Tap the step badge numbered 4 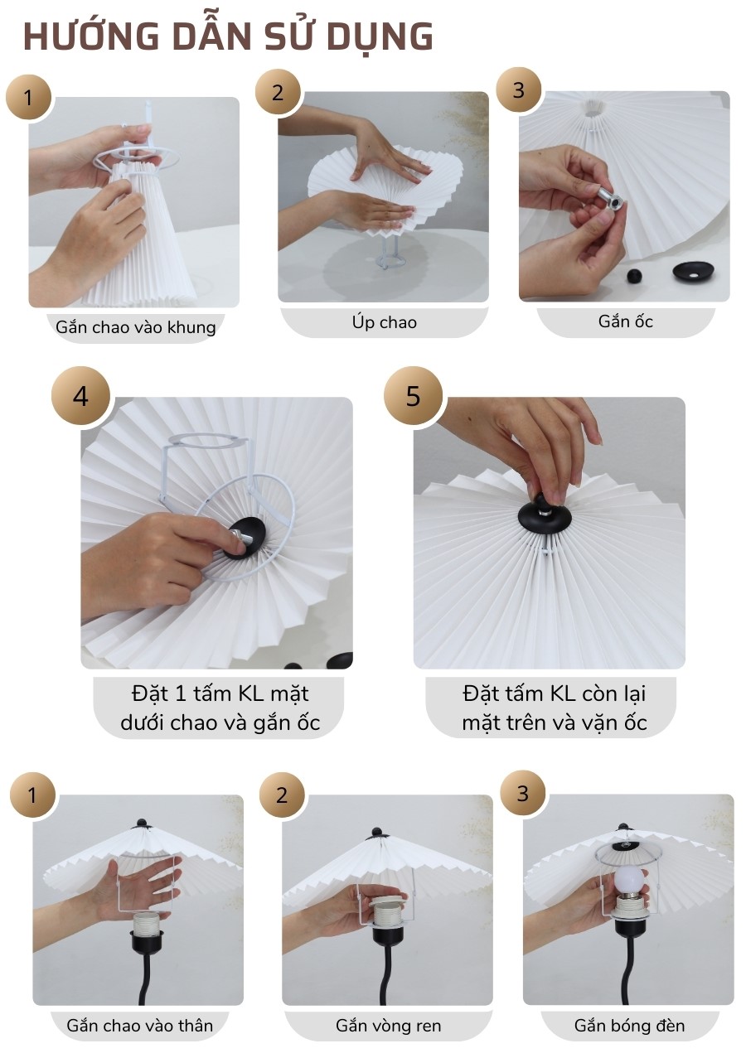[80, 396]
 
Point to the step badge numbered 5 [413, 396]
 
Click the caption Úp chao [384, 322]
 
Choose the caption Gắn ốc [626, 321]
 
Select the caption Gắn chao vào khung [136, 327]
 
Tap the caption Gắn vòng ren [388, 1026]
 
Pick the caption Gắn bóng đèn [630, 1026]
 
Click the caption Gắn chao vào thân [140, 1026]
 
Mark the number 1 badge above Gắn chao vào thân [32, 796]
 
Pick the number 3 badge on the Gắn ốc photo [519, 89]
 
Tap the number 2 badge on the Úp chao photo [278, 92]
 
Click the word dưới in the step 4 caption [145, 722]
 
